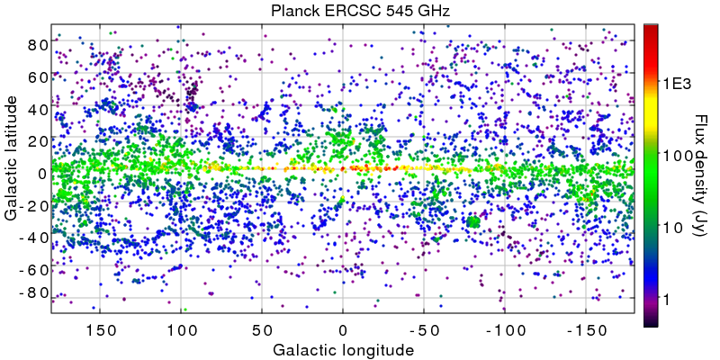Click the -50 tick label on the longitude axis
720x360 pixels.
pos(420,328)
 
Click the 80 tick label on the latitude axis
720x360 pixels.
pos(36,43)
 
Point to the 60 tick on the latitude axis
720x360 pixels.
pos(36,76)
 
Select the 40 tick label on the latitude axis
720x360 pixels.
pos(36,108)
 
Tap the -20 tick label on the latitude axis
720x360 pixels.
pos(33,206)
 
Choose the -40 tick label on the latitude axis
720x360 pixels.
pos(33,238)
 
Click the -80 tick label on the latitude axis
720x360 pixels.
pos(33,292)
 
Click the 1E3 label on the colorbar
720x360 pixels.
pos(678,84)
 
